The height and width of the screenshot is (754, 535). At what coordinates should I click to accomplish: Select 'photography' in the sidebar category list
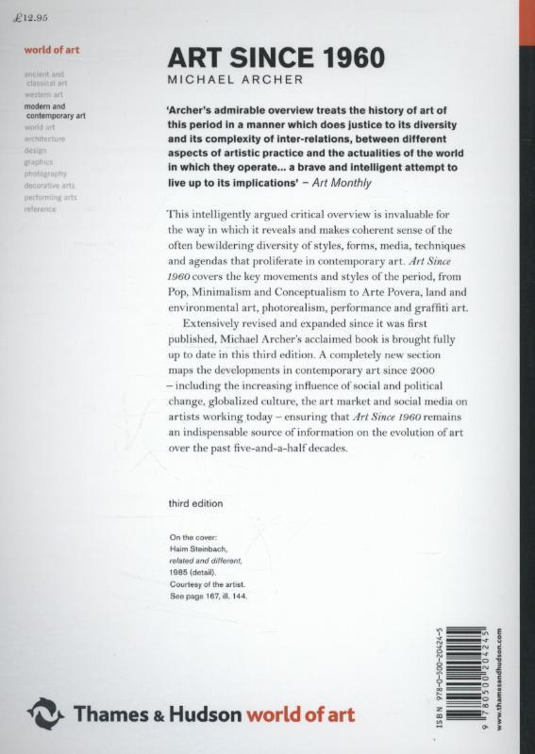46,173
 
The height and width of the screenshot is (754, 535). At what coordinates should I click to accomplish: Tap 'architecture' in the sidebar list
46,138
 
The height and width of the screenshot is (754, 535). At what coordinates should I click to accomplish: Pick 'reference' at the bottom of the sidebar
41,209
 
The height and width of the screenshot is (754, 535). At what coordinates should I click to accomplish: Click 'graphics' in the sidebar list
39,161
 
